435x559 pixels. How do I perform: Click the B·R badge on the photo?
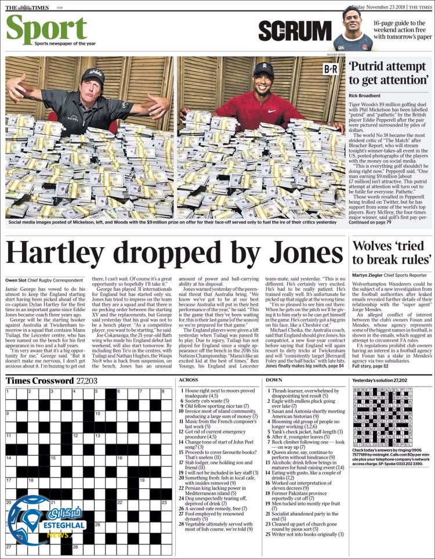pyautogui.click(x=331, y=69)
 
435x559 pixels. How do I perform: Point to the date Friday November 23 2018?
pyautogui.click(x=371, y=6)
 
